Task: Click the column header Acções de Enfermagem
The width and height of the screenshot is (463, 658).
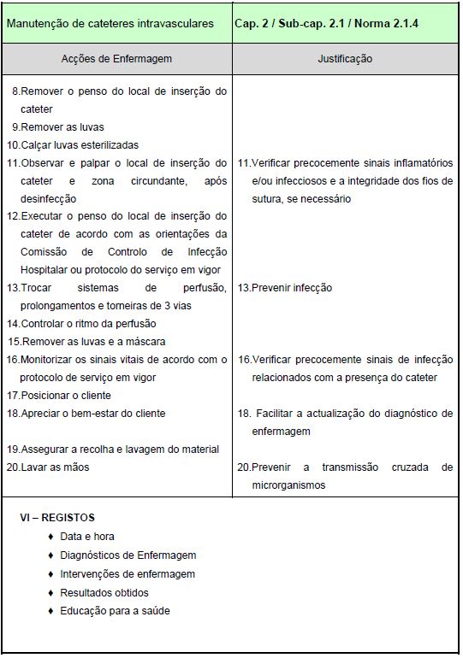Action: pos(116,59)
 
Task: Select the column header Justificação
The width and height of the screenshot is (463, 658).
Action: pos(345,59)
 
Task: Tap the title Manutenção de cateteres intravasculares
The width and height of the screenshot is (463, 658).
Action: pos(110,23)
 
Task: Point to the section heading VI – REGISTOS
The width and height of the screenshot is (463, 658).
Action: pos(57,518)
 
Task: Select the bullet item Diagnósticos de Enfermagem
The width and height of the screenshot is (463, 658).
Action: pos(128,555)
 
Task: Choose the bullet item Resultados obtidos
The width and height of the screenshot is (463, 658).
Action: pos(104,592)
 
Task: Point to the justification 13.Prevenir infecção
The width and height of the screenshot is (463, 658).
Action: pos(285,288)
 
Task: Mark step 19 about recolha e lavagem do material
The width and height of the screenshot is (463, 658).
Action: pos(113,449)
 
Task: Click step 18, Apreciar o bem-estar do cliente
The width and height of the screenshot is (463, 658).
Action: pos(86,414)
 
